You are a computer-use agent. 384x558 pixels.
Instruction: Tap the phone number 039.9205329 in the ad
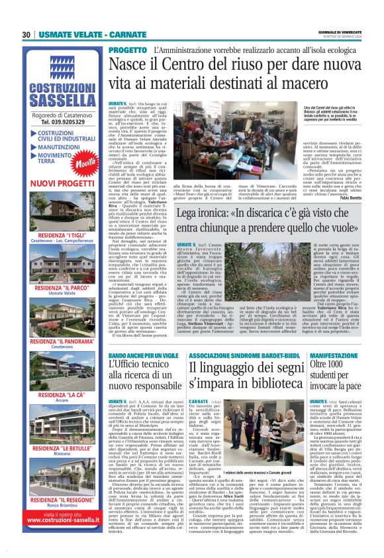[62, 122]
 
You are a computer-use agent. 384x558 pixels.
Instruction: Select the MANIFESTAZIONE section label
[335, 355]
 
